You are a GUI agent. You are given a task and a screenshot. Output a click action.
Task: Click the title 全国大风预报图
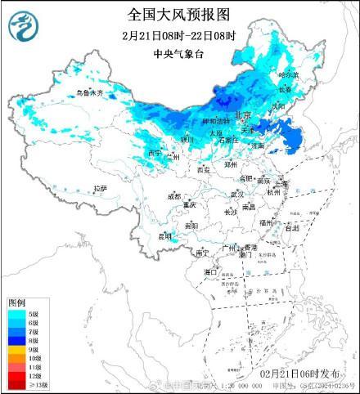point(179,15)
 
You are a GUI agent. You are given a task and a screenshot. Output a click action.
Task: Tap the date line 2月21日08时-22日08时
point(179,36)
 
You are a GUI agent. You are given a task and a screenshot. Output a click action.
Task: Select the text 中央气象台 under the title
point(180,55)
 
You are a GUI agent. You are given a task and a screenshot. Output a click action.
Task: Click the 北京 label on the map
point(241,117)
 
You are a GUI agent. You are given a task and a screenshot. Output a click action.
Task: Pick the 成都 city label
point(173,196)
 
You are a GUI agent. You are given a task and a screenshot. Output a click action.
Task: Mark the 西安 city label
point(204,170)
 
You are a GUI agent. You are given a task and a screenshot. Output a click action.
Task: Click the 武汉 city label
point(237,194)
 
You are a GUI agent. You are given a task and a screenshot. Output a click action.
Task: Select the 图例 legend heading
point(17,302)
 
